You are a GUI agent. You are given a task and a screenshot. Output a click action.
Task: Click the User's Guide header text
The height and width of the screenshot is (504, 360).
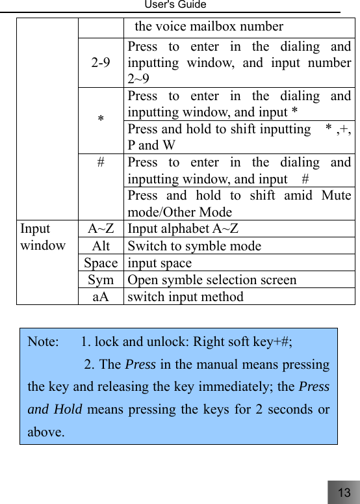coord(175,5)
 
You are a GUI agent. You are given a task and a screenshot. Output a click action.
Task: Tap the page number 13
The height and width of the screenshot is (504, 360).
coord(344,492)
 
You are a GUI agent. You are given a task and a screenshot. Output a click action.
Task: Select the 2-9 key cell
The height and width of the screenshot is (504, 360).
coord(101,63)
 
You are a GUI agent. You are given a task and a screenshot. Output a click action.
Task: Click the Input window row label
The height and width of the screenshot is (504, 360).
coord(43,237)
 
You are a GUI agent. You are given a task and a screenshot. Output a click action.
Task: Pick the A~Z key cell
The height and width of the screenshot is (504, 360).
coord(101,229)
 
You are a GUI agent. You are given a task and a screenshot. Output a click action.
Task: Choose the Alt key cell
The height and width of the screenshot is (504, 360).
coord(101,246)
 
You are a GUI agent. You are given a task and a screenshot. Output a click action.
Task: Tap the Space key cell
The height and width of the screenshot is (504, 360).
coord(101,263)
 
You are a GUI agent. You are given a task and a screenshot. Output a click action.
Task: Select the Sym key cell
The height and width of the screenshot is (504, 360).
coord(101,280)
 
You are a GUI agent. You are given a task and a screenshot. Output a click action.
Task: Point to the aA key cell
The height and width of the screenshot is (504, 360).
coord(101,297)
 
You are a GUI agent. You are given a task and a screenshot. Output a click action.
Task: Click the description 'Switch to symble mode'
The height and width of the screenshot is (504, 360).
coord(195,246)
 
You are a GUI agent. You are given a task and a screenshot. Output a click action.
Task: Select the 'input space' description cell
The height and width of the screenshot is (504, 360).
coord(160,263)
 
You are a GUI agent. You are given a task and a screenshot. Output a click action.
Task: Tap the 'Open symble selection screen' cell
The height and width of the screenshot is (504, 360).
coord(212,280)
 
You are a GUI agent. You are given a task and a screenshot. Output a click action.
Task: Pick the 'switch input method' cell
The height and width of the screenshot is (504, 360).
coord(186,297)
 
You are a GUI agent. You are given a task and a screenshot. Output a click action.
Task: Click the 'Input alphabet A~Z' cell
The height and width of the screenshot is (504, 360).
coord(183,229)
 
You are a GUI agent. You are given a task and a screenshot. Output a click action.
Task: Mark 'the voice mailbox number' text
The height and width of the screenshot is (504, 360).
coord(209,27)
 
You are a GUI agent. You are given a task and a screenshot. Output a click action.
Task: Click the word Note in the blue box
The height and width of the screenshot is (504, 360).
coord(42,341)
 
